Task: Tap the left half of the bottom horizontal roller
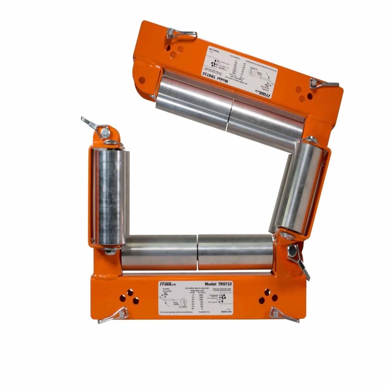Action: tap(159, 252)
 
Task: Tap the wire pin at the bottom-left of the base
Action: tap(113, 315)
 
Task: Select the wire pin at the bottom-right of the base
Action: tap(284, 315)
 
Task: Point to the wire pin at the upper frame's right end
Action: tap(324, 84)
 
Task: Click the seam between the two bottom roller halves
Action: tap(197, 252)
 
